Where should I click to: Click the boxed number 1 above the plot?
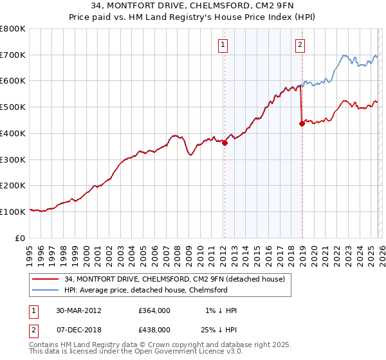pyautogui.click(x=223, y=44)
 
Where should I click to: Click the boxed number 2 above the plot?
pyautogui.click(x=300, y=44)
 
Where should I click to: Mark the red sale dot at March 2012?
pyautogui.click(x=225, y=143)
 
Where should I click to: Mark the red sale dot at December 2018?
pyautogui.click(x=301, y=124)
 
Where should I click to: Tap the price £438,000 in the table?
pyautogui.click(x=154, y=329)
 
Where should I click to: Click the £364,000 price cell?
pyautogui.click(x=154, y=310)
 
